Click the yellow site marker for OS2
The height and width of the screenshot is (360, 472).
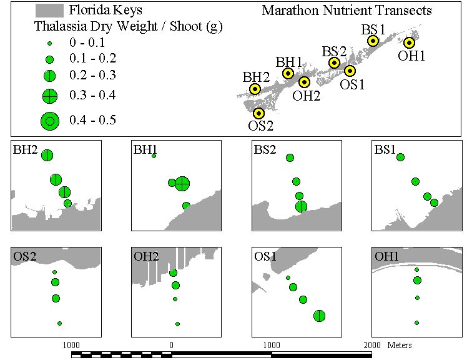click(258, 113)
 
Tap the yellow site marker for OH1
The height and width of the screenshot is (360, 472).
click(409, 42)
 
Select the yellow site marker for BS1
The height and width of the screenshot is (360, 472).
click(373, 41)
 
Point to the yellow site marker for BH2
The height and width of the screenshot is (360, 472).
click(255, 89)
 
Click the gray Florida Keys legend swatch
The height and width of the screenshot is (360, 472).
click(49, 11)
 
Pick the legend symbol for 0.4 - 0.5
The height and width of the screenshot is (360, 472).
click(50, 121)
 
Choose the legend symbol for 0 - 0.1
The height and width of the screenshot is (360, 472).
click(50, 43)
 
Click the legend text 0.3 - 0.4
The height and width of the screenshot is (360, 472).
click(92, 95)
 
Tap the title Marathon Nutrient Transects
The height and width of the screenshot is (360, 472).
click(347, 11)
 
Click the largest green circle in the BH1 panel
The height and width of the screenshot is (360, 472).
click(182, 183)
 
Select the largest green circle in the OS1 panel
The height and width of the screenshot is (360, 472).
click(319, 316)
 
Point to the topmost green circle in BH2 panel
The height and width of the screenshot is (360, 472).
click(47, 156)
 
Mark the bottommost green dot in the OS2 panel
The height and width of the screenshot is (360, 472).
click(59, 323)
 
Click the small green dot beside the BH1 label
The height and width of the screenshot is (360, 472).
click(154, 156)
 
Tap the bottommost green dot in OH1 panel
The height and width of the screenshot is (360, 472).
click(416, 322)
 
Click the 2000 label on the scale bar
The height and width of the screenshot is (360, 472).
click(372, 345)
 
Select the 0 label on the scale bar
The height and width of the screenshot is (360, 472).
click(171, 345)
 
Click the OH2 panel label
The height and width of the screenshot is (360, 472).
click(146, 256)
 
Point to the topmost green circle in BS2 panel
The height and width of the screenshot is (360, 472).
click(290, 157)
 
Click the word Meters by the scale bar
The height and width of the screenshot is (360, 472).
click(400, 345)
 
